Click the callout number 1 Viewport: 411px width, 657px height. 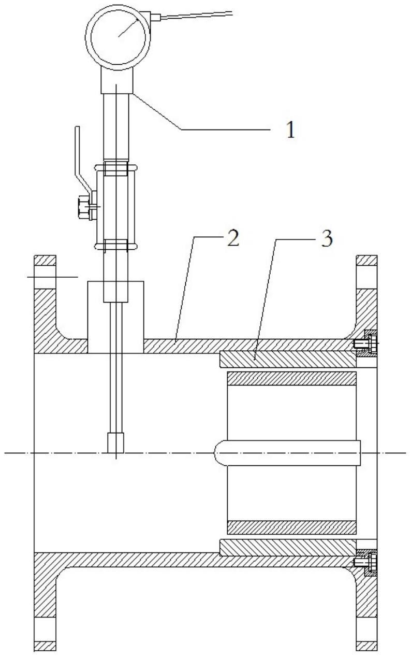[291, 130]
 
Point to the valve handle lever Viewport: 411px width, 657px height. [79, 155]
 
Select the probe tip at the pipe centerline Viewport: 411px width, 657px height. [115, 443]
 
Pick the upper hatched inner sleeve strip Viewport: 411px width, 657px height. [292, 379]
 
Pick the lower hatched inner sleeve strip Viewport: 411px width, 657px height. [292, 527]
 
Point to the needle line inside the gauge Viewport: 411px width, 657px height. [127, 26]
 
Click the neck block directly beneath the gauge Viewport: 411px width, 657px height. [117, 80]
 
